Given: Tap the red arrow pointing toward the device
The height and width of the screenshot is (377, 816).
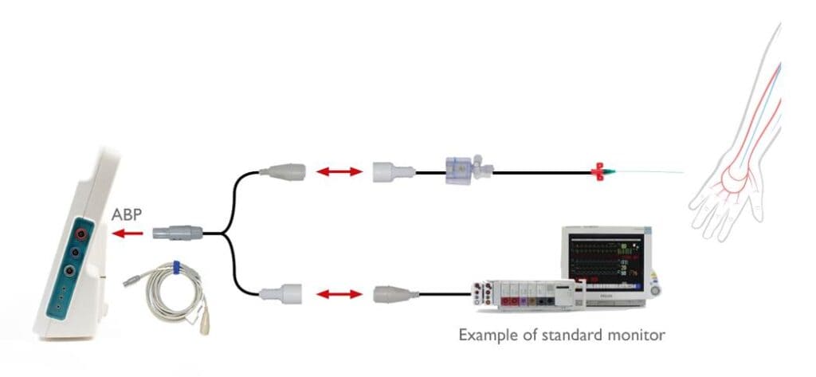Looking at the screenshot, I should pyautogui.click(x=128, y=234).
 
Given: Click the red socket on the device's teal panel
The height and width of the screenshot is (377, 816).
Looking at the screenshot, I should pyautogui.click(x=81, y=233).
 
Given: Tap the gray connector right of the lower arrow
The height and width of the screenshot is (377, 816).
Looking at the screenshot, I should pyautogui.click(x=392, y=295).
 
